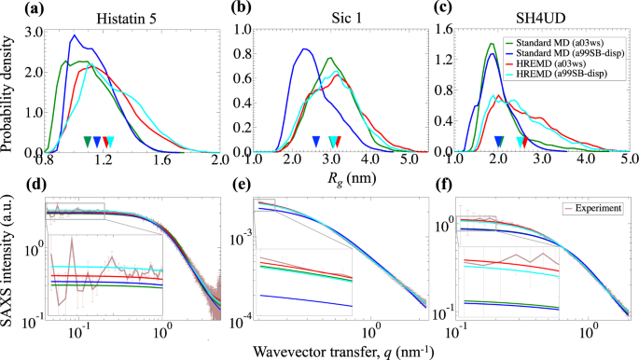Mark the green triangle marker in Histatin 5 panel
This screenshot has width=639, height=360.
point(88,142)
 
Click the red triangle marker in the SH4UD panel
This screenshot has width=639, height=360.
point(524,142)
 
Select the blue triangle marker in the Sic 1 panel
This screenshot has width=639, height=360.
point(315,142)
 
